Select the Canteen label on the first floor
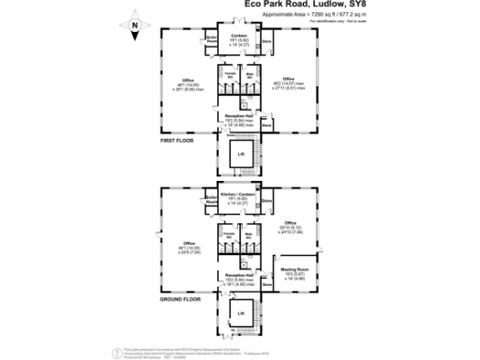(x=238, y=36)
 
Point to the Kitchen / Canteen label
(x=238, y=193)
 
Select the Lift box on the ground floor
(x=241, y=312)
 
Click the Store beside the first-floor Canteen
(x=266, y=41)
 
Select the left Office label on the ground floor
(x=189, y=243)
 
